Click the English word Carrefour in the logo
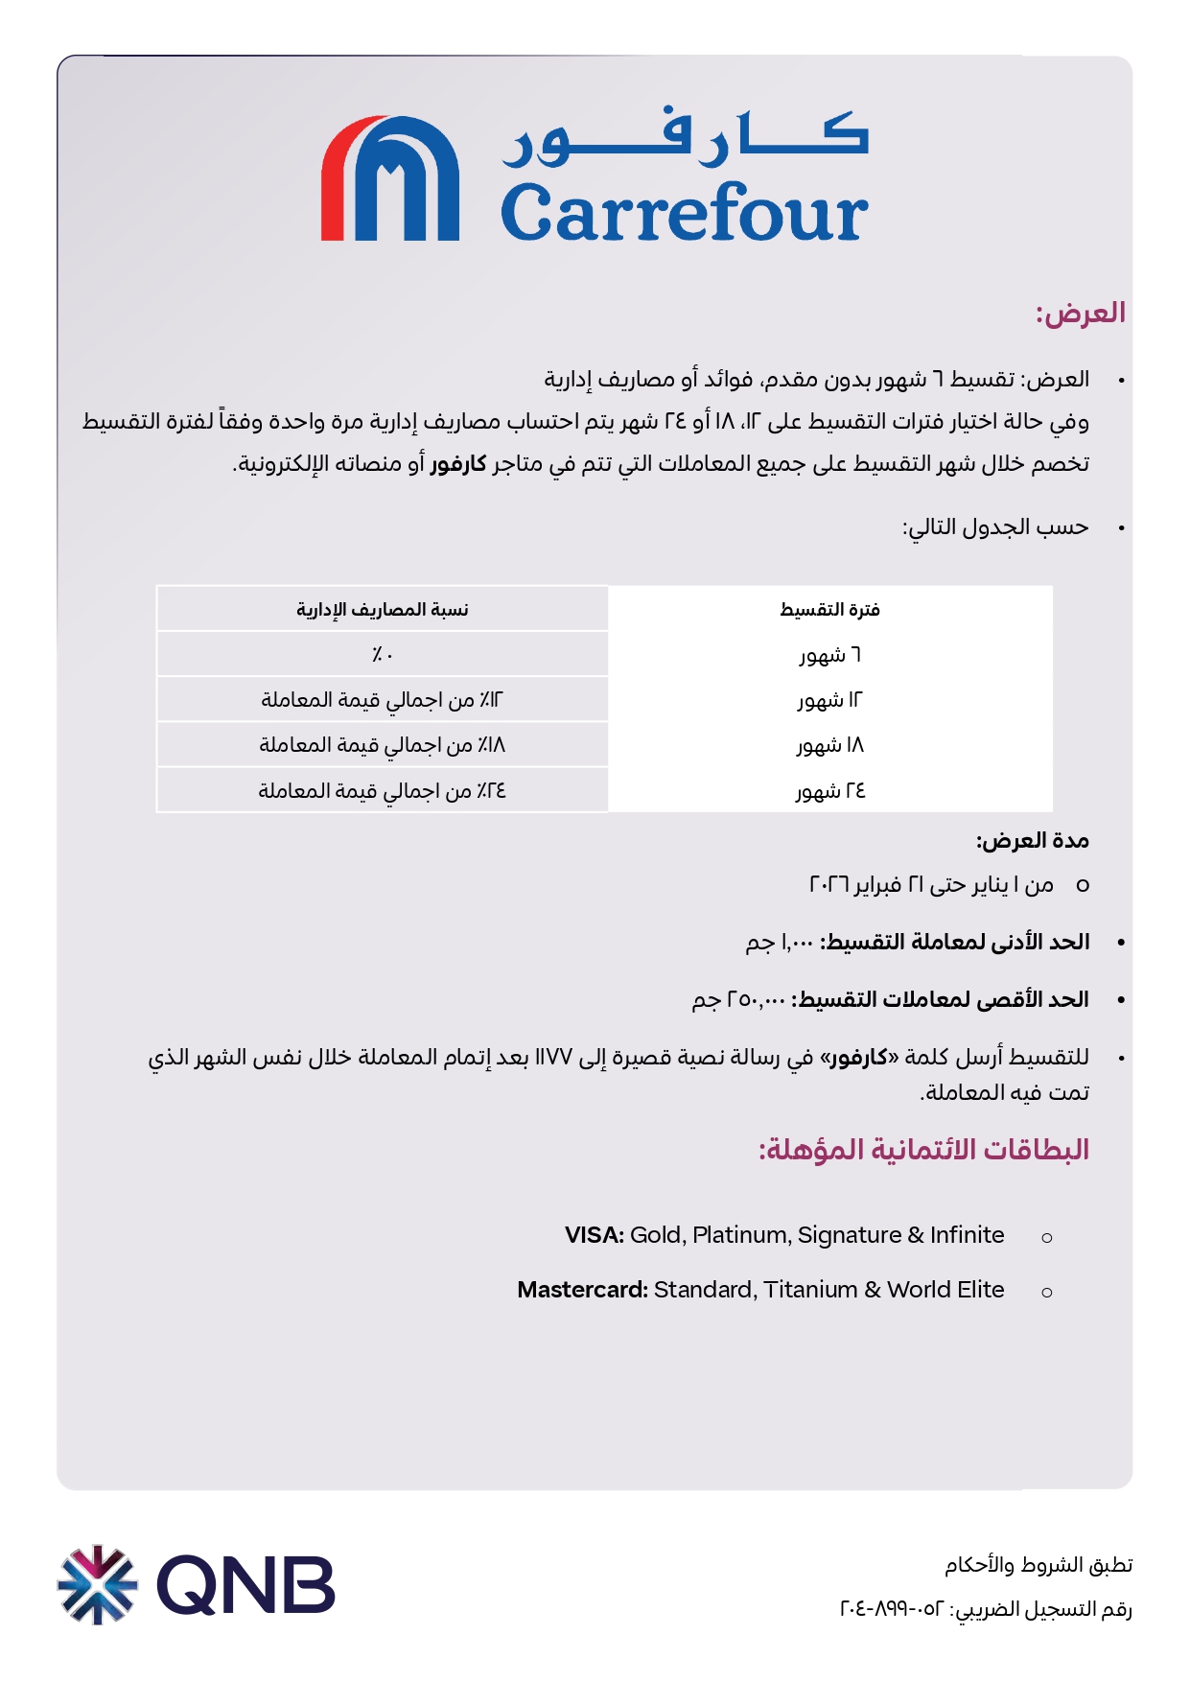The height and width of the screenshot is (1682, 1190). [684, 212]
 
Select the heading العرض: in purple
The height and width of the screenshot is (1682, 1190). [1080, 313]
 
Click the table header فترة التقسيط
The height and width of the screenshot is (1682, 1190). [829, 610]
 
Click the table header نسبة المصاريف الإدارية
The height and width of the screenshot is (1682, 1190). [382, 610]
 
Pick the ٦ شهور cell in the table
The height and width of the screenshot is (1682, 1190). [830, 655]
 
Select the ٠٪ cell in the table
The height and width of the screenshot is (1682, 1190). [382, 655]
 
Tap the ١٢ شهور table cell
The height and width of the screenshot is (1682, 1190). [830, 700]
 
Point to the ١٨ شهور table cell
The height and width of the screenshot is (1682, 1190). [830, 745]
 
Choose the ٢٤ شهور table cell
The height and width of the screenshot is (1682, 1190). [830, 791]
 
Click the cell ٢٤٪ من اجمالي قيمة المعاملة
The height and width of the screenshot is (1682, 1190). [382, 791]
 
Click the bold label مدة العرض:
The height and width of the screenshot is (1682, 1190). [1033, 841]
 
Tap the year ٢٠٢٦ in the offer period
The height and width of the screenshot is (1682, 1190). [829, 884]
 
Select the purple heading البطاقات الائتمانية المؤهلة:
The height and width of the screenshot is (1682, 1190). [923, 1149]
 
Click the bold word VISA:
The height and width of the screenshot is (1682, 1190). [595, 1235]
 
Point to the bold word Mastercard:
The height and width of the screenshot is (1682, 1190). [582, 1290]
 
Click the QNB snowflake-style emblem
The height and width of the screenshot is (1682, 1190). [97, 1584]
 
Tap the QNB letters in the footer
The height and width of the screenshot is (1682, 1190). [246, 1584]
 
